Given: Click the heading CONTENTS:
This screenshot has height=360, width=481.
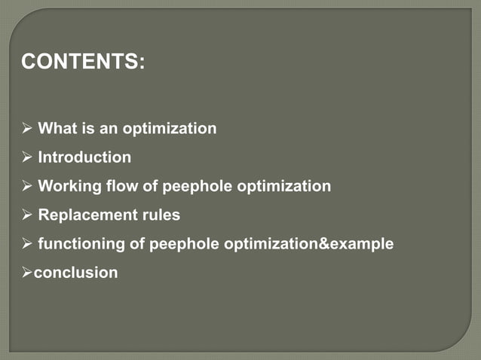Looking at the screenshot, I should [83, 62].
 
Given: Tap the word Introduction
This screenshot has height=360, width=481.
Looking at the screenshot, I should [84, 157].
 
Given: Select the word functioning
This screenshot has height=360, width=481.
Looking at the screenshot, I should [81, 244].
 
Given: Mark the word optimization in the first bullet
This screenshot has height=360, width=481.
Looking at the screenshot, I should [173, 129].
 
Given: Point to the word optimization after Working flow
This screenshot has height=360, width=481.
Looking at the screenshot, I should [284, 186].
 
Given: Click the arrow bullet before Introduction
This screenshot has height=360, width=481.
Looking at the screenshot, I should [27, 157].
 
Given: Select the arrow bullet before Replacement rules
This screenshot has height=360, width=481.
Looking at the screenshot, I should [27, 215].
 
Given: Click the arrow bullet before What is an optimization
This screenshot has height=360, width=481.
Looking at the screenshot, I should [27, 129].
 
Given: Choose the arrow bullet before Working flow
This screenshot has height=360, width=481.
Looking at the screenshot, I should [27, 186].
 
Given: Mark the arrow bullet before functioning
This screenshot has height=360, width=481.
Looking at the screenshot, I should [27, 244].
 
